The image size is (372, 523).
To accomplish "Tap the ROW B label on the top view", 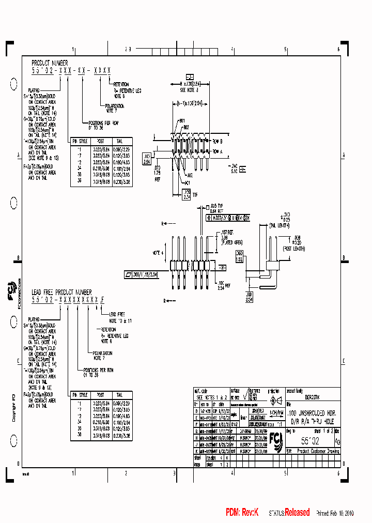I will click(x=217, y=141).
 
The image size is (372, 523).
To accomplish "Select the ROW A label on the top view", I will click(x=217, y=151).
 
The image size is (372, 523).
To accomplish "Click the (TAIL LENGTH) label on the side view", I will click(x=280, y=225).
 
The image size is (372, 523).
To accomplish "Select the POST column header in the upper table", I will click(x=100, y=141).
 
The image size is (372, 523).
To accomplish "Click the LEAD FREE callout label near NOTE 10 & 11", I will click(x=117, y=314).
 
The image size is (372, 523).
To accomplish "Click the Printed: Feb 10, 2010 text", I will click(x=335, y=513).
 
